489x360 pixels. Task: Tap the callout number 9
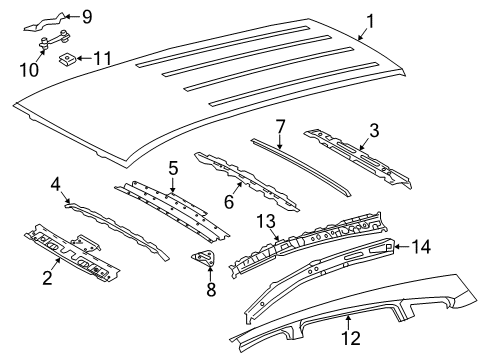(x=87, y=16)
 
